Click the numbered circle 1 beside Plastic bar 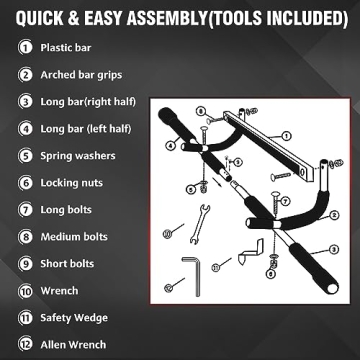[x=22, y=47]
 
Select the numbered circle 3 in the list [x=22, y=101]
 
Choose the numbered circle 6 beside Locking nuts [x=22, y=183]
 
